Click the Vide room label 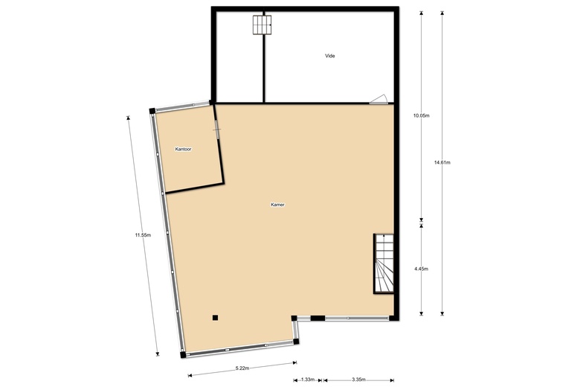pyautogui.click(x=330, y=56)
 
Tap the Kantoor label pyautogui.click(x=183, y=150)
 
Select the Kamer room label pyautogui.click(x=277, y=205)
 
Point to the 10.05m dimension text pyautogui.click(x=422, y=115)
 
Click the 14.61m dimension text pyautogui.click(x=442, y=162)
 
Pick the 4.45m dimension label pyautogui.click(x=422, y=269)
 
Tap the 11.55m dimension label pyautogui.click(x=143, y=234)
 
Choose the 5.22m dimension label pyautogui.click(x=242, y=368)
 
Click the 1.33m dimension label pyautogui.click(x=308, y=380)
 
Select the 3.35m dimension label pyautogui.click(x=358, y=380)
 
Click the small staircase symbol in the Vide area pyautogui.click(x=262, y=25)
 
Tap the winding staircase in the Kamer pyautogui.click(x=384, y=263)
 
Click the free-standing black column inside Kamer pyautogui.click(x=216, y=317)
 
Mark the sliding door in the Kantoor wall pyautogui.click(x=217, y=129)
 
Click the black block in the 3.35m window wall pyautogui.click(x=318, y=318)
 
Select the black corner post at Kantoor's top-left pyautogui.click(x=152, y=111)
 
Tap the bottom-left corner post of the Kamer pyautogui.click(x=183, y=355)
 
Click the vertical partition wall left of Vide pyautogui.click(x=263, y=57)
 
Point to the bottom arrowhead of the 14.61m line pyautogui.click(x=442, y=313)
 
